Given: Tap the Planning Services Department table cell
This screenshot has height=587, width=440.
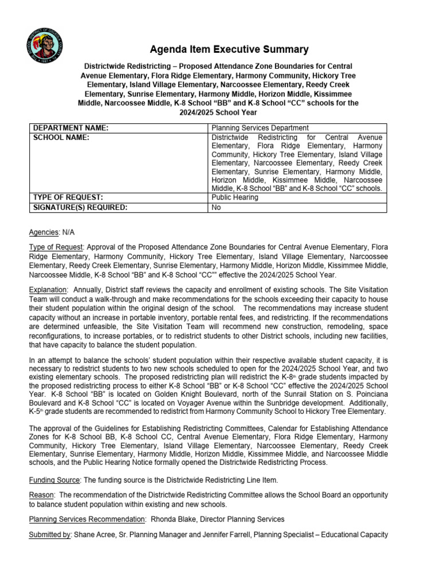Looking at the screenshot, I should [x=260, y=128].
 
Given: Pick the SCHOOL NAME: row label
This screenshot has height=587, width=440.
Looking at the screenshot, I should [x=61, y=138].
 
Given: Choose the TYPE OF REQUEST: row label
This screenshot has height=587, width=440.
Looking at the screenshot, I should [x=68, y=197].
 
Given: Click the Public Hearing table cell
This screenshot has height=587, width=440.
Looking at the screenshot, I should [x=235, y=197].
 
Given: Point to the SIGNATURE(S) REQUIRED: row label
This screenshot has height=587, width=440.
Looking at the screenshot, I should [x=80, y=208].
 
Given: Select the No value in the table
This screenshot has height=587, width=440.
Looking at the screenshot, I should [x=217, y=208].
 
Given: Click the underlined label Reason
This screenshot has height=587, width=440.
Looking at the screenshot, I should [x=41, y=494].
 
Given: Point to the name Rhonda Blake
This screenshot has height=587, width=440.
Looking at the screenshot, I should [x=172, y=519].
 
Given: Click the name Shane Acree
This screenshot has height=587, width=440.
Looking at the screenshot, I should [x=95, y=534].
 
